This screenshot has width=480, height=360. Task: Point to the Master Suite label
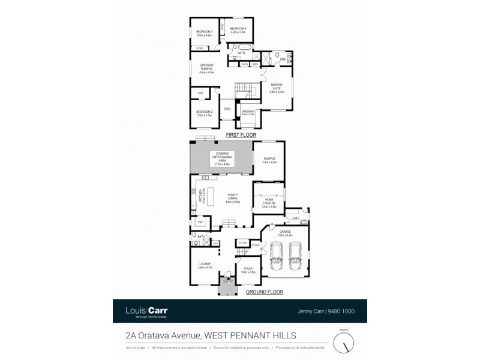click(x=276, y=88)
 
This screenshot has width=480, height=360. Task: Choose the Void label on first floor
click(x=227, y=109)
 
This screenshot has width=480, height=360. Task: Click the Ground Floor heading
click(x=264, y=292)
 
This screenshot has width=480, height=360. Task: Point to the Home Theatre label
click(x=269, y=204)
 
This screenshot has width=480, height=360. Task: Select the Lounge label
click(x=205, y=266)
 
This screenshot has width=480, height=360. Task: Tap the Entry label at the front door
click(x=228, y=282)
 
